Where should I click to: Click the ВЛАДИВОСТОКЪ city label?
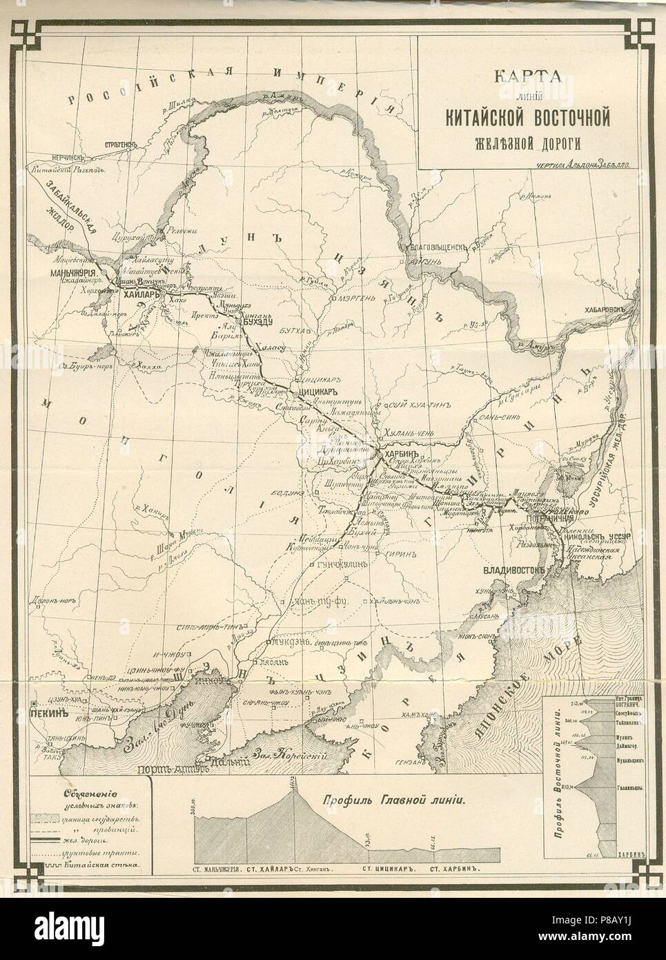pos(511,570)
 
